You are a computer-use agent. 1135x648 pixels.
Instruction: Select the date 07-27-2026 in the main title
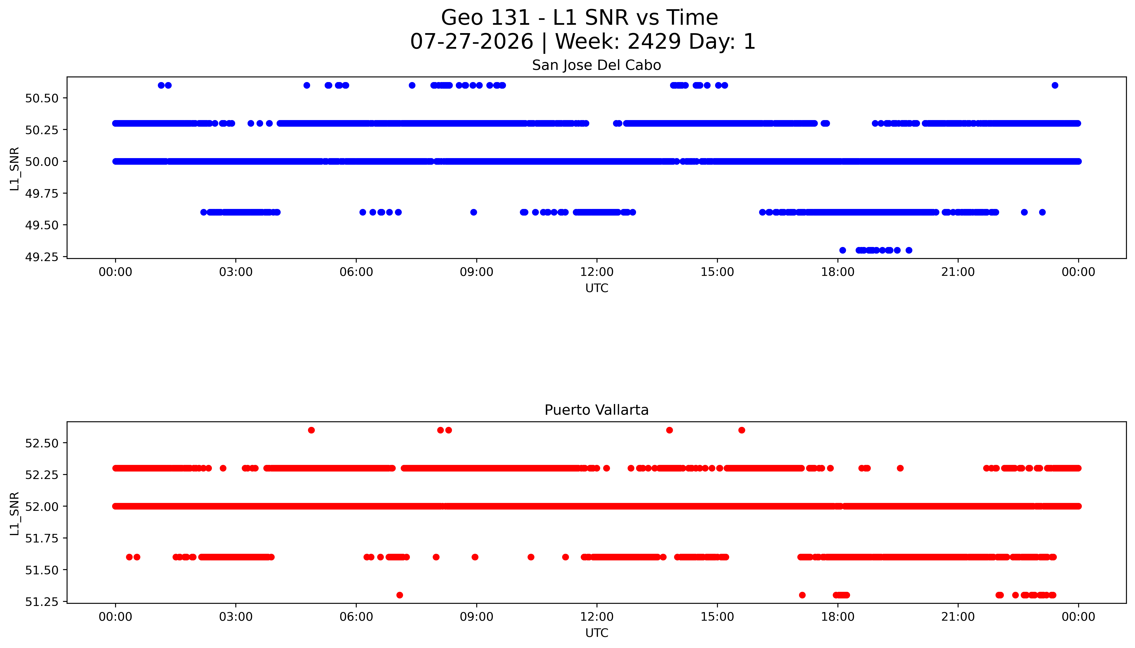[x=471, y=41]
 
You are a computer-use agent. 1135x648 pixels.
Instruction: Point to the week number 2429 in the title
[x=654, y=41]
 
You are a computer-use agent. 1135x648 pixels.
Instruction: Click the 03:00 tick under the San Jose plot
[x=236, y=272]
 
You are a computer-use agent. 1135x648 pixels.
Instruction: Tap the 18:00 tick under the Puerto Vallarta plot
[x=837, y=617]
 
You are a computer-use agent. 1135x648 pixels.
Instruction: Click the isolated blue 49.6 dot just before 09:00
[x=473, y=212]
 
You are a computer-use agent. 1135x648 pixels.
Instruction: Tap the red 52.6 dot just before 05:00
[x=311, y=430]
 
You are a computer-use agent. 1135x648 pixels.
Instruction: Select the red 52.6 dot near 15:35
[x=741, y=430]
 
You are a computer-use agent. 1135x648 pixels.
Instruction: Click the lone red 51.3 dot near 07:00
[x=400, y=595]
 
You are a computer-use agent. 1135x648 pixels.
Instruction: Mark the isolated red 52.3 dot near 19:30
[x=900, y=468]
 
